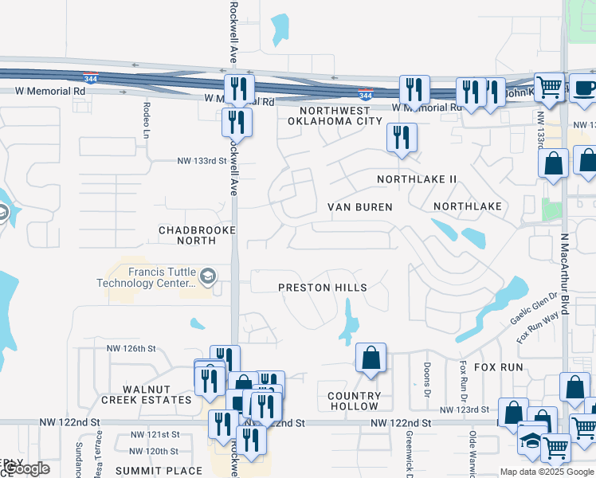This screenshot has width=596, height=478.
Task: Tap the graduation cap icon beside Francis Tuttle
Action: pyautogui.click(x=207, y=276)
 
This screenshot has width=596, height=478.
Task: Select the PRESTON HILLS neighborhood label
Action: pyautogui.click(x=323, y=288)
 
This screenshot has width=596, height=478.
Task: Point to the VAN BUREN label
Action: pyautogui.click(x=360, y=207)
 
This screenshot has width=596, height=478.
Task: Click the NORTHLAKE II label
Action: pyautogui.click(x=417, y=179)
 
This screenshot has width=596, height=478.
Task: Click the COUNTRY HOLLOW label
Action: pyautogui.click(x=355, y=401)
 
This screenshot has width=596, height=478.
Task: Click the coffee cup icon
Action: pyautogui.click(x=583, y=87)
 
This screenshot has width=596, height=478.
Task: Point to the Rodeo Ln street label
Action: pyautogui.click(x=147, y=120)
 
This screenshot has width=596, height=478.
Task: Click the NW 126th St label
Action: pyautogui.click(x=129, y=348)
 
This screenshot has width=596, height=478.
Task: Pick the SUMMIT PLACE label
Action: pyautogui.click(x=159, y=471)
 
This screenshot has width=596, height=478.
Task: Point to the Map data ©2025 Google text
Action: pyautogui.click(x=546, y=472)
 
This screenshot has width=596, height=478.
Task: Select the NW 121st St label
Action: pyautogui.click(x=155, y=435)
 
